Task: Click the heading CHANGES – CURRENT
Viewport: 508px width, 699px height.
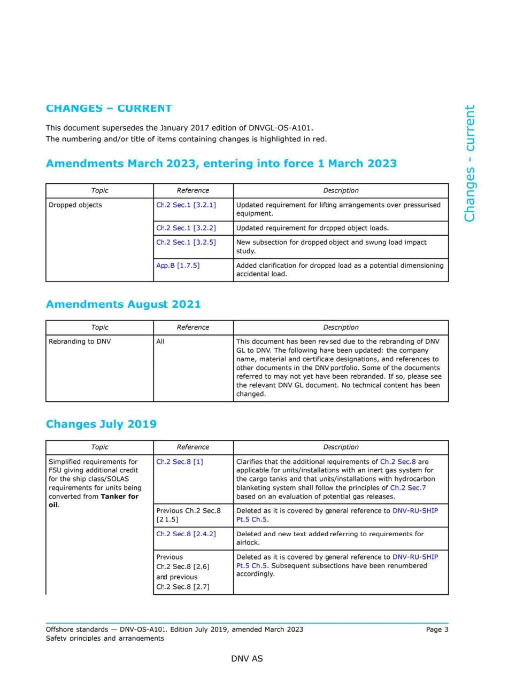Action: (x=109, y=108)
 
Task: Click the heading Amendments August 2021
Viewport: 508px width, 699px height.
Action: (x=123, y=304)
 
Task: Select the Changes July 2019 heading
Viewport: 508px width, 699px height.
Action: (x=101, y=424)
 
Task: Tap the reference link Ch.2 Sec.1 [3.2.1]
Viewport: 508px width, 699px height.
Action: (x=186, y=205)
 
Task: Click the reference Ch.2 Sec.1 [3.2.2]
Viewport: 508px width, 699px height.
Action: (x=186, y=228)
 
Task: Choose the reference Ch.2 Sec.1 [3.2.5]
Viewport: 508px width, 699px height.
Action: (x=186, y=242)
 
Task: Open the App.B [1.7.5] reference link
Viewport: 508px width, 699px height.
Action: (x=178, y=265)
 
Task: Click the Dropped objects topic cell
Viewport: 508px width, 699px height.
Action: (x=75, y=205)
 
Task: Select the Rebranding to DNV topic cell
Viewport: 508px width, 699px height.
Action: (x=79, y=341)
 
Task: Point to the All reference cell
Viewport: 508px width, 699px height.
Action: (x=160, y=341)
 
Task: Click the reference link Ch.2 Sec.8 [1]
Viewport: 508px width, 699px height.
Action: (x=179, y=461)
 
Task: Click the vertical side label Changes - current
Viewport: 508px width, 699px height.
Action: (x=469, y=163)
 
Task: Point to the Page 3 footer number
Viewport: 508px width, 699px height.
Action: (x=437, y=629)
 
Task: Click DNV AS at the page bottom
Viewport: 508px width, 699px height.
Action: (x=247, y=658)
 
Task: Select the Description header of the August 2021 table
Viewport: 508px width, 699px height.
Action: (x=341, y=327)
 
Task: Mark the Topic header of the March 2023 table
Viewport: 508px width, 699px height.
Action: (x=99, y=190)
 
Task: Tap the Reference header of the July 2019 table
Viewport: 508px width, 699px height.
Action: (x=193, y=447)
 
